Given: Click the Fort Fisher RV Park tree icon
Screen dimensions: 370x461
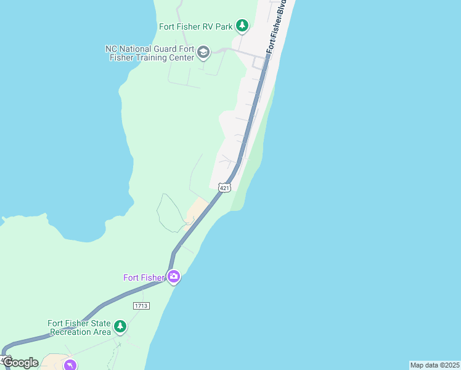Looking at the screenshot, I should coord(243,26).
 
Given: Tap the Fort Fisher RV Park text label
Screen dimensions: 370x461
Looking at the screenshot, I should coord(195,27).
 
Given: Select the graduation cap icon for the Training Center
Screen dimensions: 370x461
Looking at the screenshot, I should coord(204,54).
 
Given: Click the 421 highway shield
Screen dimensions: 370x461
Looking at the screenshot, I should coord(224,187).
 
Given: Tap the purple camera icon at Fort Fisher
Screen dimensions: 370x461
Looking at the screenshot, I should coord(174,277).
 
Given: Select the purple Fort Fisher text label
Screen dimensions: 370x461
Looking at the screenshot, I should coord(144,277).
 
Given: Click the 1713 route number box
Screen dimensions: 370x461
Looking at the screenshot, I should coord(141,305).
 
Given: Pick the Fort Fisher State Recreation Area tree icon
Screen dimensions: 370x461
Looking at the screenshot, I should coord(120,327).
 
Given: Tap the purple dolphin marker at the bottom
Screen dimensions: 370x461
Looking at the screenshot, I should coord(70,365).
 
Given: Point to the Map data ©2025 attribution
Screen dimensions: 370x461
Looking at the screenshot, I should coord(434,365).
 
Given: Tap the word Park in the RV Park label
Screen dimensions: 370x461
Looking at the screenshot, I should coord(224,27).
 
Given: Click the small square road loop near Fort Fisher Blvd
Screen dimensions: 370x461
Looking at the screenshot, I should coord(258,64).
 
